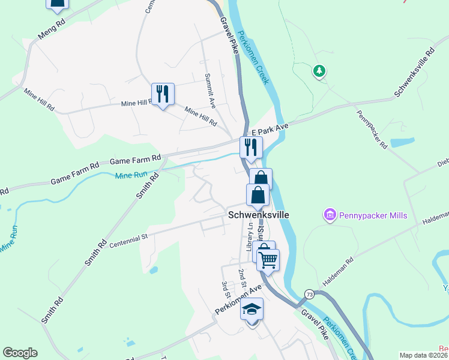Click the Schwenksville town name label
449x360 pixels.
pyautogui.click(x=258, y=214)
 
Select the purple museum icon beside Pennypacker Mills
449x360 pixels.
pyautogui.click(x=329, y=215)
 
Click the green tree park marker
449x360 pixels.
pyautogui.click(x=319, y=71)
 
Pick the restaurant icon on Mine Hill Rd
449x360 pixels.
pyautogui.click(x=162, y=94)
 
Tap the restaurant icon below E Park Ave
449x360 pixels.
pyautogui.click(x=251, y=148)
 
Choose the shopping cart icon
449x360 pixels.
pyautogui.click(x=268, y=260)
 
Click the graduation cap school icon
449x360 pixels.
pyautogui.click(x=252, y=310)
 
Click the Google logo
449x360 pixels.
pyautogui.click(x=20, y=353)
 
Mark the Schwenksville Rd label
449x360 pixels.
pyautogui.click(x=414, y=74)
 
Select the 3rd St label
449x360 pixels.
pyautogui.click(x=226, y=289)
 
